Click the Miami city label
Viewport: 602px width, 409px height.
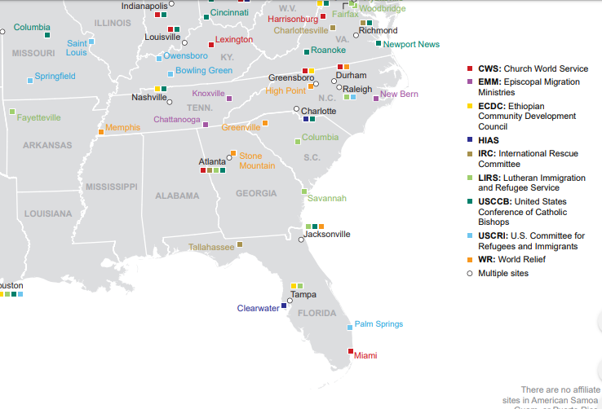pos(365,355)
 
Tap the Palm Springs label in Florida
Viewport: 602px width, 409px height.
pos(378,324)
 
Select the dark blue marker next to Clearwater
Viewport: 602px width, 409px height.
pos(284,306)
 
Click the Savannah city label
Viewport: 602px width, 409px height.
pos(327,198)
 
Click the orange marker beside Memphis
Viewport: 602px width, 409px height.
pos(101,131)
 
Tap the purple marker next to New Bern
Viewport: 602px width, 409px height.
pos(376,98)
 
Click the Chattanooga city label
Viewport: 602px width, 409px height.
pos(177,120)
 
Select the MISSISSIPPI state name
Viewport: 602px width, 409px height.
pos(111,187)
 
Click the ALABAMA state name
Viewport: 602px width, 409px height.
pos(177,196)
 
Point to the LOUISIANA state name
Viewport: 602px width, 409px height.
pos(47,213)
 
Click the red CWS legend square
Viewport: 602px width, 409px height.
pos(469,68)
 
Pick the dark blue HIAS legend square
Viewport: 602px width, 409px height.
pos(469,139)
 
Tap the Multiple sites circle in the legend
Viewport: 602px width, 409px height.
pos(469,273)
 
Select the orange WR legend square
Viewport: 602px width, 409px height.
pos(469,259)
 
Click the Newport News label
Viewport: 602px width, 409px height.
pos(411,44)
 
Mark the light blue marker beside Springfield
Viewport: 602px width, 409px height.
pos(30,80)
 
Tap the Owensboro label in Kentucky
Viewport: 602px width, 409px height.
pos(185,55)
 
